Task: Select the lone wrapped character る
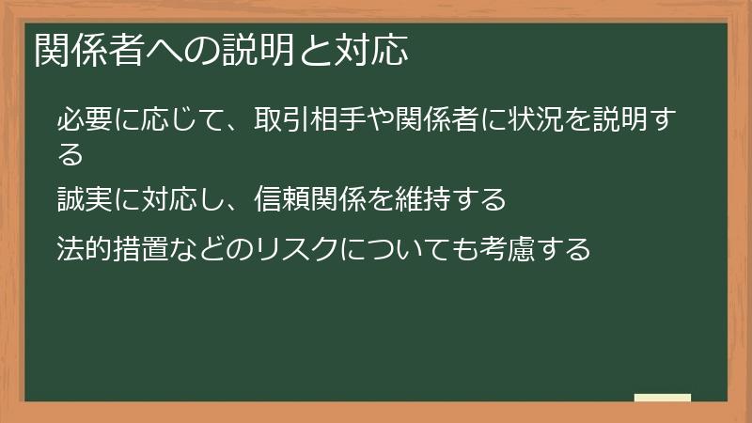[70, 153]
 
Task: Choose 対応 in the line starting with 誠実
[176, 200]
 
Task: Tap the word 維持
[420, 200]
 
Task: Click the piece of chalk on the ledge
[663, 398]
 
